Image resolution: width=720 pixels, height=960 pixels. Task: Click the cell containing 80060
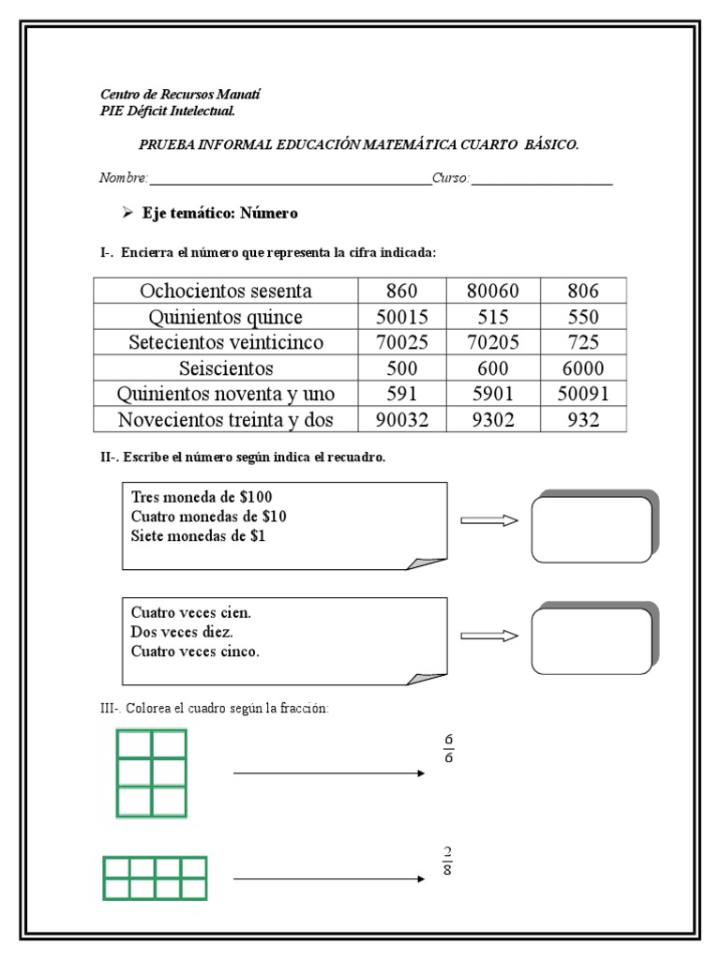(x=492, y=291)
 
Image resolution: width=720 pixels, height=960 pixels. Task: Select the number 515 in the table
(x=492, y=317)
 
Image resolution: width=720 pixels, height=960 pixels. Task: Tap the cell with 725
(x=583, y=343)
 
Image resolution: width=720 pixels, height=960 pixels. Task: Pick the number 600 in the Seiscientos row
(x=492, y=368)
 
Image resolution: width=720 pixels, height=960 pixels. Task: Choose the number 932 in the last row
(x=583, y=421)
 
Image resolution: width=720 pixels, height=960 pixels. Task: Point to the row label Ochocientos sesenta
(x=226, y=291)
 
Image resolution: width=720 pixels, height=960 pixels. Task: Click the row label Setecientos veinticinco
(x=226, y=343)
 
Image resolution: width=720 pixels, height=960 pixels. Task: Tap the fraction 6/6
(x=448, y=748)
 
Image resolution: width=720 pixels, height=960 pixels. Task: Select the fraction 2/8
(x=448, y=860)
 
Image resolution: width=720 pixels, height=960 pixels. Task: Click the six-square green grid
(x=150, y=773)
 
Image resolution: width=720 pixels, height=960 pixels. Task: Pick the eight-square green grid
(x=155, y=877)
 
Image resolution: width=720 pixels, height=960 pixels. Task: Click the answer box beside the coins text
(x=592, y=528)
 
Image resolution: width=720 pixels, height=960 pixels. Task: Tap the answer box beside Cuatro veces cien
(x=592, y=640)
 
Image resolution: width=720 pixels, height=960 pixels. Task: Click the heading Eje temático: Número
(x=219, y=214)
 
